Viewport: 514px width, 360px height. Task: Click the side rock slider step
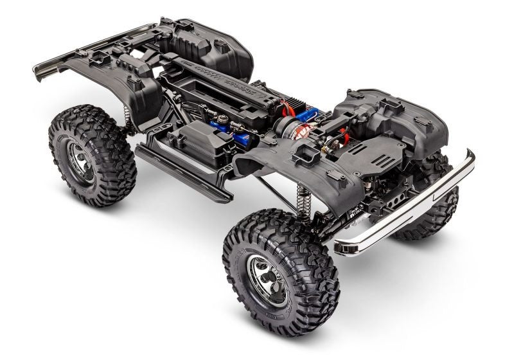click(x=183, y=171)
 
